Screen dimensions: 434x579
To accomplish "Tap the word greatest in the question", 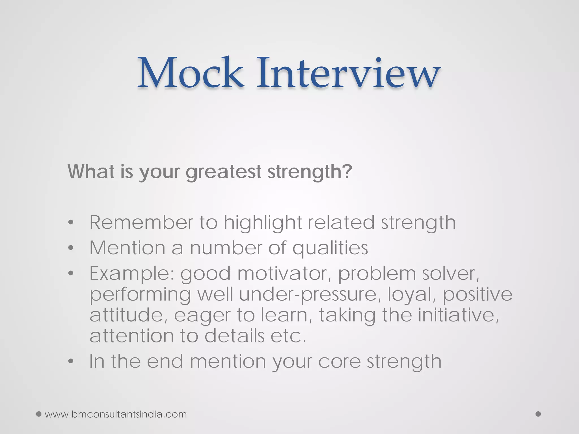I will point(223,172).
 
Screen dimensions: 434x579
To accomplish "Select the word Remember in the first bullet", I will point(141,222).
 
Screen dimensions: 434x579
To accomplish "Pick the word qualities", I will point(330,248).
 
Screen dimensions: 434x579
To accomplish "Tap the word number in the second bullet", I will point(226,248).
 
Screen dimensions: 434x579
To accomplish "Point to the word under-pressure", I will point(308,294).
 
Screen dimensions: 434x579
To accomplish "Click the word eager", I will point(202,315).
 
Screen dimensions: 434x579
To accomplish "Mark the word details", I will point(234,336).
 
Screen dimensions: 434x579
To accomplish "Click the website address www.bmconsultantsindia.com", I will point(116,414).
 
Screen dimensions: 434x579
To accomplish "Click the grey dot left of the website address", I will point(39,414).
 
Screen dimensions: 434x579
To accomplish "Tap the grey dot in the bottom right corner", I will point(538,414).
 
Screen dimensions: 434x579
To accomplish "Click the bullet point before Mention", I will point(71,248).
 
